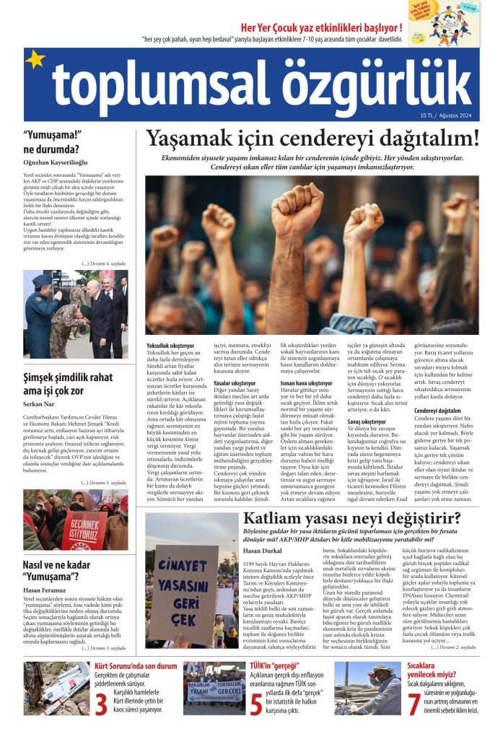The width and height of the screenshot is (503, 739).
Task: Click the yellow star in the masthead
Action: click(x=35, y=59)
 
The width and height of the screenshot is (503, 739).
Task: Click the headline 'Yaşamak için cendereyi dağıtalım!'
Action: click(x=312, y=139)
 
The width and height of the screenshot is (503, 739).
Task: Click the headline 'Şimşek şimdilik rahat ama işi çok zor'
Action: click(x=68, y=383)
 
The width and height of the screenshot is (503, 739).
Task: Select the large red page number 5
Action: click(x=256, y=703)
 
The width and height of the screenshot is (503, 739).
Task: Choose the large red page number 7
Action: click(x=414, y=703)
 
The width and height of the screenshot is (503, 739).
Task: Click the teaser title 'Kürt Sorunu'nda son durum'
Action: click(x=136, y=665)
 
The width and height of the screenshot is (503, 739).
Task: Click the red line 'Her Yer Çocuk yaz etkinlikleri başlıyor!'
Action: click(x=331, y=29)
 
